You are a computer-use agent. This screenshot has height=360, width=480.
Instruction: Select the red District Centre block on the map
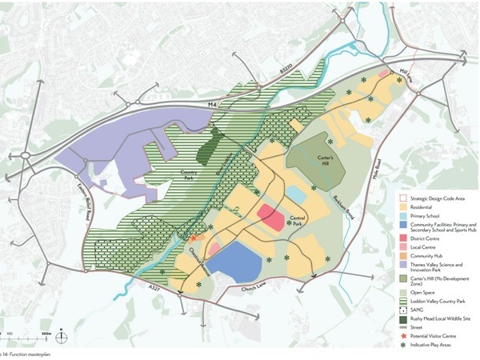272,216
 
